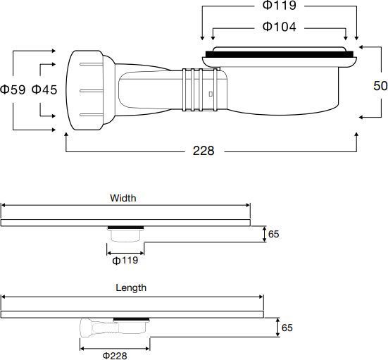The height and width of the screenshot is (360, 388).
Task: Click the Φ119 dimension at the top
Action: point(279,5)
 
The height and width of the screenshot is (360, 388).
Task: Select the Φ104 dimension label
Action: point(279,27)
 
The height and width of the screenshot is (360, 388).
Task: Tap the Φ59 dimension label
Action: point(13,89)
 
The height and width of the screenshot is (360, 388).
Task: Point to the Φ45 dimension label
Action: point(44,89)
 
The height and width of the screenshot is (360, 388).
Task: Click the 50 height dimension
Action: point(380,86)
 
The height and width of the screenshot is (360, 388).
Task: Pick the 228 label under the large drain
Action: point(204,151)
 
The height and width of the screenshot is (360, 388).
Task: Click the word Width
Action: point(123,198)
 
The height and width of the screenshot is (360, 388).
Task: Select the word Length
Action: point(131,287)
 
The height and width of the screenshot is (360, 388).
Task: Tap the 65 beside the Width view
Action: point(273,234)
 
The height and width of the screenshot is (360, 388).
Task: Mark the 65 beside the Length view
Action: point(287,328)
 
